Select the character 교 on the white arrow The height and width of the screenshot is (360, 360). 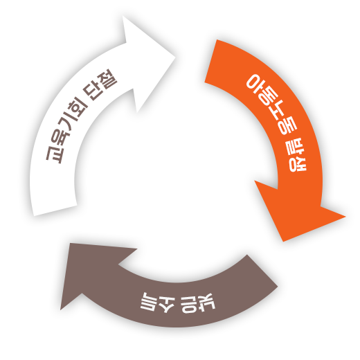pos(53,154)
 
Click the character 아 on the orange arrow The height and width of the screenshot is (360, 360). pos(255,84)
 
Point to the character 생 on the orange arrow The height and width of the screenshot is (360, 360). pos(298,164)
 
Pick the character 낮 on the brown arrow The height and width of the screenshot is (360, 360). pos(207,301)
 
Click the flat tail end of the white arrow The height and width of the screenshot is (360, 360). pos(55,210)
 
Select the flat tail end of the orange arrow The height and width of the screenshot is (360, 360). pos(210,61)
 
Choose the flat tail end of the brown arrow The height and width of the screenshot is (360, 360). pos(262,271)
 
